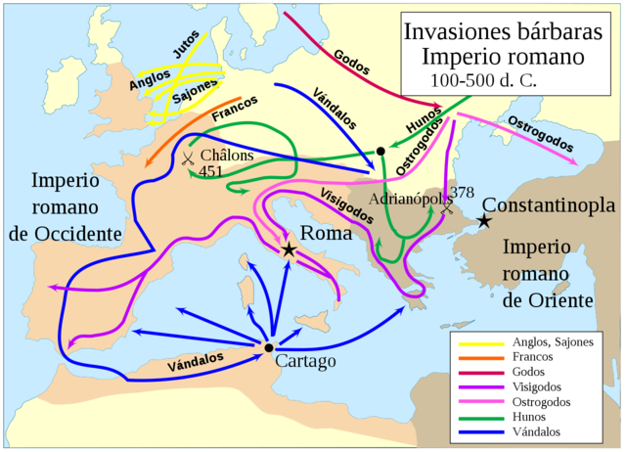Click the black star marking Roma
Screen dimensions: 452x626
click(289, 249)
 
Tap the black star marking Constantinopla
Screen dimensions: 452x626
click(483, 222)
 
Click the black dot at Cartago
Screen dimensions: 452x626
click(269, 346)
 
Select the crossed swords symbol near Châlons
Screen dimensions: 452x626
click(186, 157)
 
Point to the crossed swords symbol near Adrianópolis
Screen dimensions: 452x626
click(447, 208)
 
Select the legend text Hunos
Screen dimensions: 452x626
click(531, 417)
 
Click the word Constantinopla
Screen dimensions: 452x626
click(550, 206)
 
